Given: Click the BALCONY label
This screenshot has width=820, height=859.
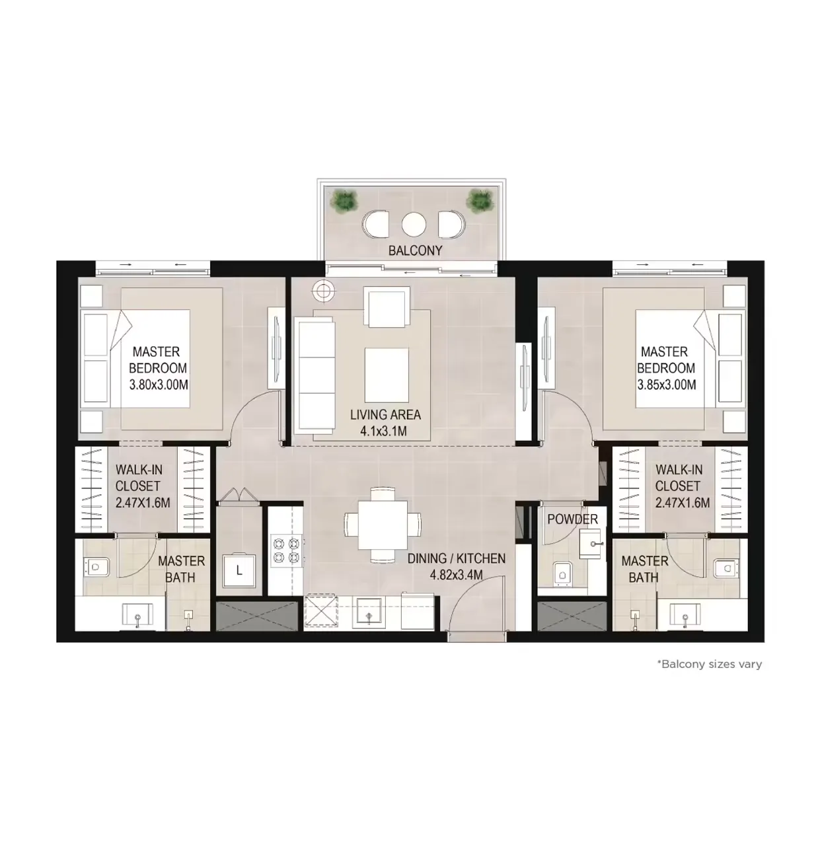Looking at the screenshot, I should (x=415, y=250).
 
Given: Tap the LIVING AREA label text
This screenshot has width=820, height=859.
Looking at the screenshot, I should (x=385, y=415).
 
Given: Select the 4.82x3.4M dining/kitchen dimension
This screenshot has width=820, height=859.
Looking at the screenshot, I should (x=456, y=575).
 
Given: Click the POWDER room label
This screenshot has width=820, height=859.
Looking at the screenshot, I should (x=572, y=519).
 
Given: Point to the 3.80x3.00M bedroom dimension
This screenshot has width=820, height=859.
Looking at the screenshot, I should (x=159, y=384).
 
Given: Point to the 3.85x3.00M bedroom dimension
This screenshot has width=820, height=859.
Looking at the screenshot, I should (x=666, y=384).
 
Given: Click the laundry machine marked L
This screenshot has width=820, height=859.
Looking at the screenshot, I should (x=239, y=571).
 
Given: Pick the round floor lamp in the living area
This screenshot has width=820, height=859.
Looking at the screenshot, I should (x=323, y=289).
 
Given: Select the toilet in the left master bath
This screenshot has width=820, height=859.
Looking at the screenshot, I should (x=97, y=567).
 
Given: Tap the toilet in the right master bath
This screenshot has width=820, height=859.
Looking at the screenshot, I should (x=725, y=567).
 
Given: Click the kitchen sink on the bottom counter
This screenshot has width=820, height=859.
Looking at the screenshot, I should (x=369, y=613).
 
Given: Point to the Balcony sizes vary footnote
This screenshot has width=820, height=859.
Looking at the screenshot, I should (x=709, y=664).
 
